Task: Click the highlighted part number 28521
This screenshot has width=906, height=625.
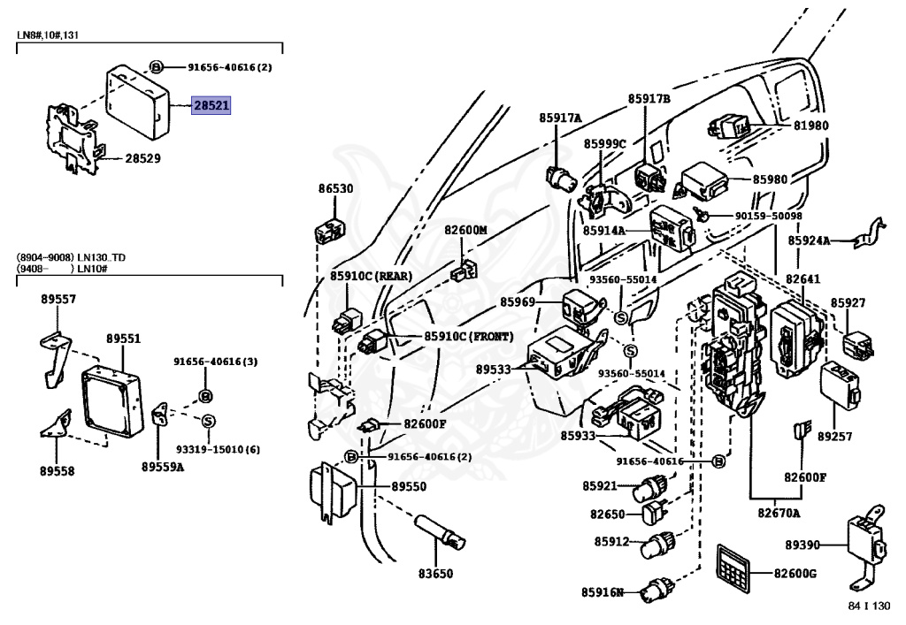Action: (x=211, y=105)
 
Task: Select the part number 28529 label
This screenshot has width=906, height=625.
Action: (x=142, y=158)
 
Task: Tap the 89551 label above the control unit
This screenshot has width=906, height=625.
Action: (x=123, y=339)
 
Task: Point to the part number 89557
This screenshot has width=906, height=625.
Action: (x=58, y=299)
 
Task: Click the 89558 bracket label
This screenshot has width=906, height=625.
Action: (x=57, y=471)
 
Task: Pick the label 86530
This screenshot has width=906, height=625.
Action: (x=335, y=188)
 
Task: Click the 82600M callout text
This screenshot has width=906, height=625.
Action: (x=465, y=230)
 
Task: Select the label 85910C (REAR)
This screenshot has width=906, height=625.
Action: (x=371, y=276)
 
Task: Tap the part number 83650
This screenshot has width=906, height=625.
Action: (x=435, y=574)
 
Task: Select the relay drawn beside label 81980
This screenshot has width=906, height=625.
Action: (x=729, y=127)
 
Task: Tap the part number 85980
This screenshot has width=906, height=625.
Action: (x=770, y=179)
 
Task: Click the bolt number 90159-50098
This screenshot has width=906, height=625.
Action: (x=769, y=216)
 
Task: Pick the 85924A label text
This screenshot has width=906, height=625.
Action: (x=809, y=240)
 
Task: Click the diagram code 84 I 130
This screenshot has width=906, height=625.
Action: (x=869, y=606)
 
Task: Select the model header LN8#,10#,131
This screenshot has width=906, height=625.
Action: (x=48, y=34)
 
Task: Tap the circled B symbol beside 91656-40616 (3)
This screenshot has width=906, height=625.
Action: (x=205, y=396)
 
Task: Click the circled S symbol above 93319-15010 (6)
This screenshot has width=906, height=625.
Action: (x=209, y=422)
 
